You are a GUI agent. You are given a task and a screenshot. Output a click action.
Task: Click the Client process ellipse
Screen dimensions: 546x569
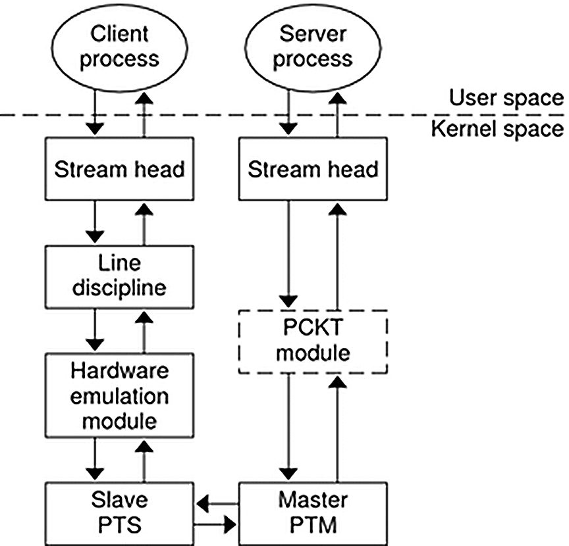tap(119, 46)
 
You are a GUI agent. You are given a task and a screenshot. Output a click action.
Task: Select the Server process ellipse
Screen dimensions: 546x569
tap(313, 46)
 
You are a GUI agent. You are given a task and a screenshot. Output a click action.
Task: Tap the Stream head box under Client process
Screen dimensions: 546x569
tap(119, 169)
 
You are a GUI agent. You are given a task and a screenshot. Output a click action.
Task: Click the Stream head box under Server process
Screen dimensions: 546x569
tap(313, 169)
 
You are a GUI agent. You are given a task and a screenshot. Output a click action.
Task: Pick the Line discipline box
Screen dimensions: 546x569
tap(119, 276)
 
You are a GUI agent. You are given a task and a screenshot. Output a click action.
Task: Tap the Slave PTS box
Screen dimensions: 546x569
tap(119, 513)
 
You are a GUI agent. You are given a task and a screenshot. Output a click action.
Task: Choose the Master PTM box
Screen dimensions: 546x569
tap(313, 513)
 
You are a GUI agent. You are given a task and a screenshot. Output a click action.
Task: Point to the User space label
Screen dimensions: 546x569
tap(506, 99)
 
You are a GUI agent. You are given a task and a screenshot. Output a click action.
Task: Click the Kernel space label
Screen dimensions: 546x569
tap(499, 128)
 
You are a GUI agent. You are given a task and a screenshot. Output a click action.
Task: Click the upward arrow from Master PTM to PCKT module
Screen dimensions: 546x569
tap(338, 428)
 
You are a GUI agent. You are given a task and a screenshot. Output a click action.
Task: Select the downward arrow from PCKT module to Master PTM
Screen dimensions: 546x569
tap(288, 428)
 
